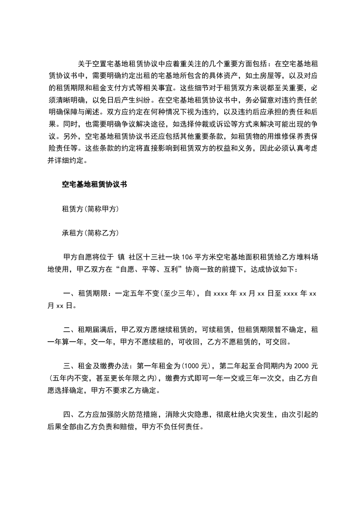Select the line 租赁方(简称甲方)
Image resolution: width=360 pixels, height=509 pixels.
tap(90, 209)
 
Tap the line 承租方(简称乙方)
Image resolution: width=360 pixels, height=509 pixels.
tap(90, 233)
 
